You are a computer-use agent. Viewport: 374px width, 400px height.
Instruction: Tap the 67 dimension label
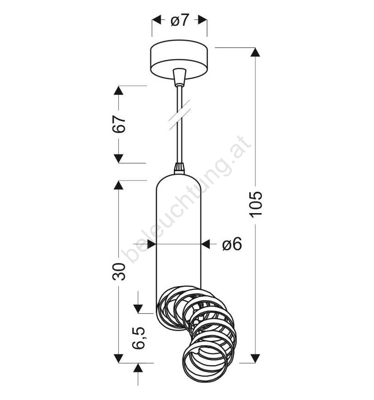pyautogui.click(x=119, y=124)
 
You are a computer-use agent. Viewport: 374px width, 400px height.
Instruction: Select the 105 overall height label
pyautogui.click(x=256, y=204)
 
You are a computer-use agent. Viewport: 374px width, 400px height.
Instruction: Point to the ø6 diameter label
pyautogui.click(x=232, y=244)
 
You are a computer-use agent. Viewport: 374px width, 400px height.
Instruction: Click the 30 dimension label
pyautogui.click(x=119, y=272)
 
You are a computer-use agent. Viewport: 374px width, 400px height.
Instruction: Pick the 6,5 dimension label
pyautogui.click(x=138, y=337)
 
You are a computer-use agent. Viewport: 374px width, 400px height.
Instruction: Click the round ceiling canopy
pyautogui.click(x=179, y=60)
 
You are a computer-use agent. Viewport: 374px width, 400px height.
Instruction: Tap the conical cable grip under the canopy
pyautogui.click(x=179, y=77)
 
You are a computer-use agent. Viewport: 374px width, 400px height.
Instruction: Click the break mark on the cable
pyautogui.click(x=180, y=115)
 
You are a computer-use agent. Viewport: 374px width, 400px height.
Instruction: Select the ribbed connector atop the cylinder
pyautogui.click(x=179, y=168)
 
